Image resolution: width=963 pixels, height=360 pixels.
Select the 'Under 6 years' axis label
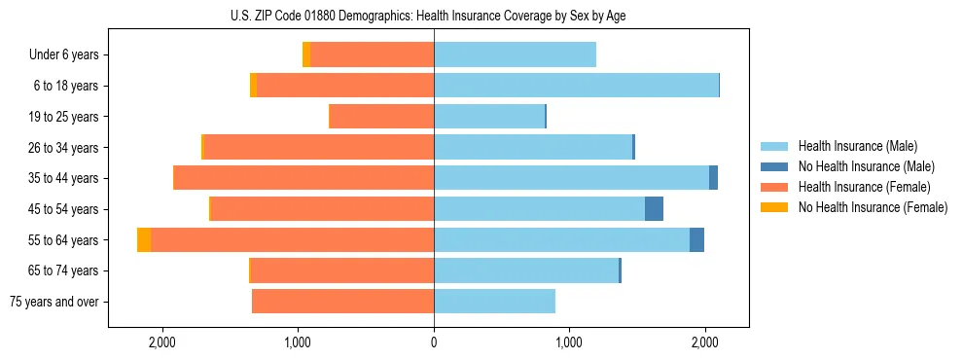(63, 55)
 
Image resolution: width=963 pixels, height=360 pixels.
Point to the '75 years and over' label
(54, 302)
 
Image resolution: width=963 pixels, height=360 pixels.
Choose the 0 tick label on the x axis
(434, 342)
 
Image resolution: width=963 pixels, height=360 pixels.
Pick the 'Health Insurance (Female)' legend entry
(862, 187)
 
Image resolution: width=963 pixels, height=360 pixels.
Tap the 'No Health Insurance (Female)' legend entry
(871, 207)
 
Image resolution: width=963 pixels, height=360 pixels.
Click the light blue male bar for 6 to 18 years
(576, 86)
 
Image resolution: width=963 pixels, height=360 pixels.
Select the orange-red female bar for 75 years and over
(342, 302)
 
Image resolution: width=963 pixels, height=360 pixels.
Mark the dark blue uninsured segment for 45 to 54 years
(654, 209)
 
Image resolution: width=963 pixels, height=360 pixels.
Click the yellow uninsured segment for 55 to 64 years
(144, 240)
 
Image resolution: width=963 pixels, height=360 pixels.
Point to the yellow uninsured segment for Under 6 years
(306, 55)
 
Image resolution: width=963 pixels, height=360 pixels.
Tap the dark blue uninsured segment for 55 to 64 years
(696, 240)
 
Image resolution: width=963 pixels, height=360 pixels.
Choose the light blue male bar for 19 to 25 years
(489, 117)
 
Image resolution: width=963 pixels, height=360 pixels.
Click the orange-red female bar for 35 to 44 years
(303, 178)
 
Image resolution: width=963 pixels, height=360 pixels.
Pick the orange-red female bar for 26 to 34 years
(319, 148)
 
